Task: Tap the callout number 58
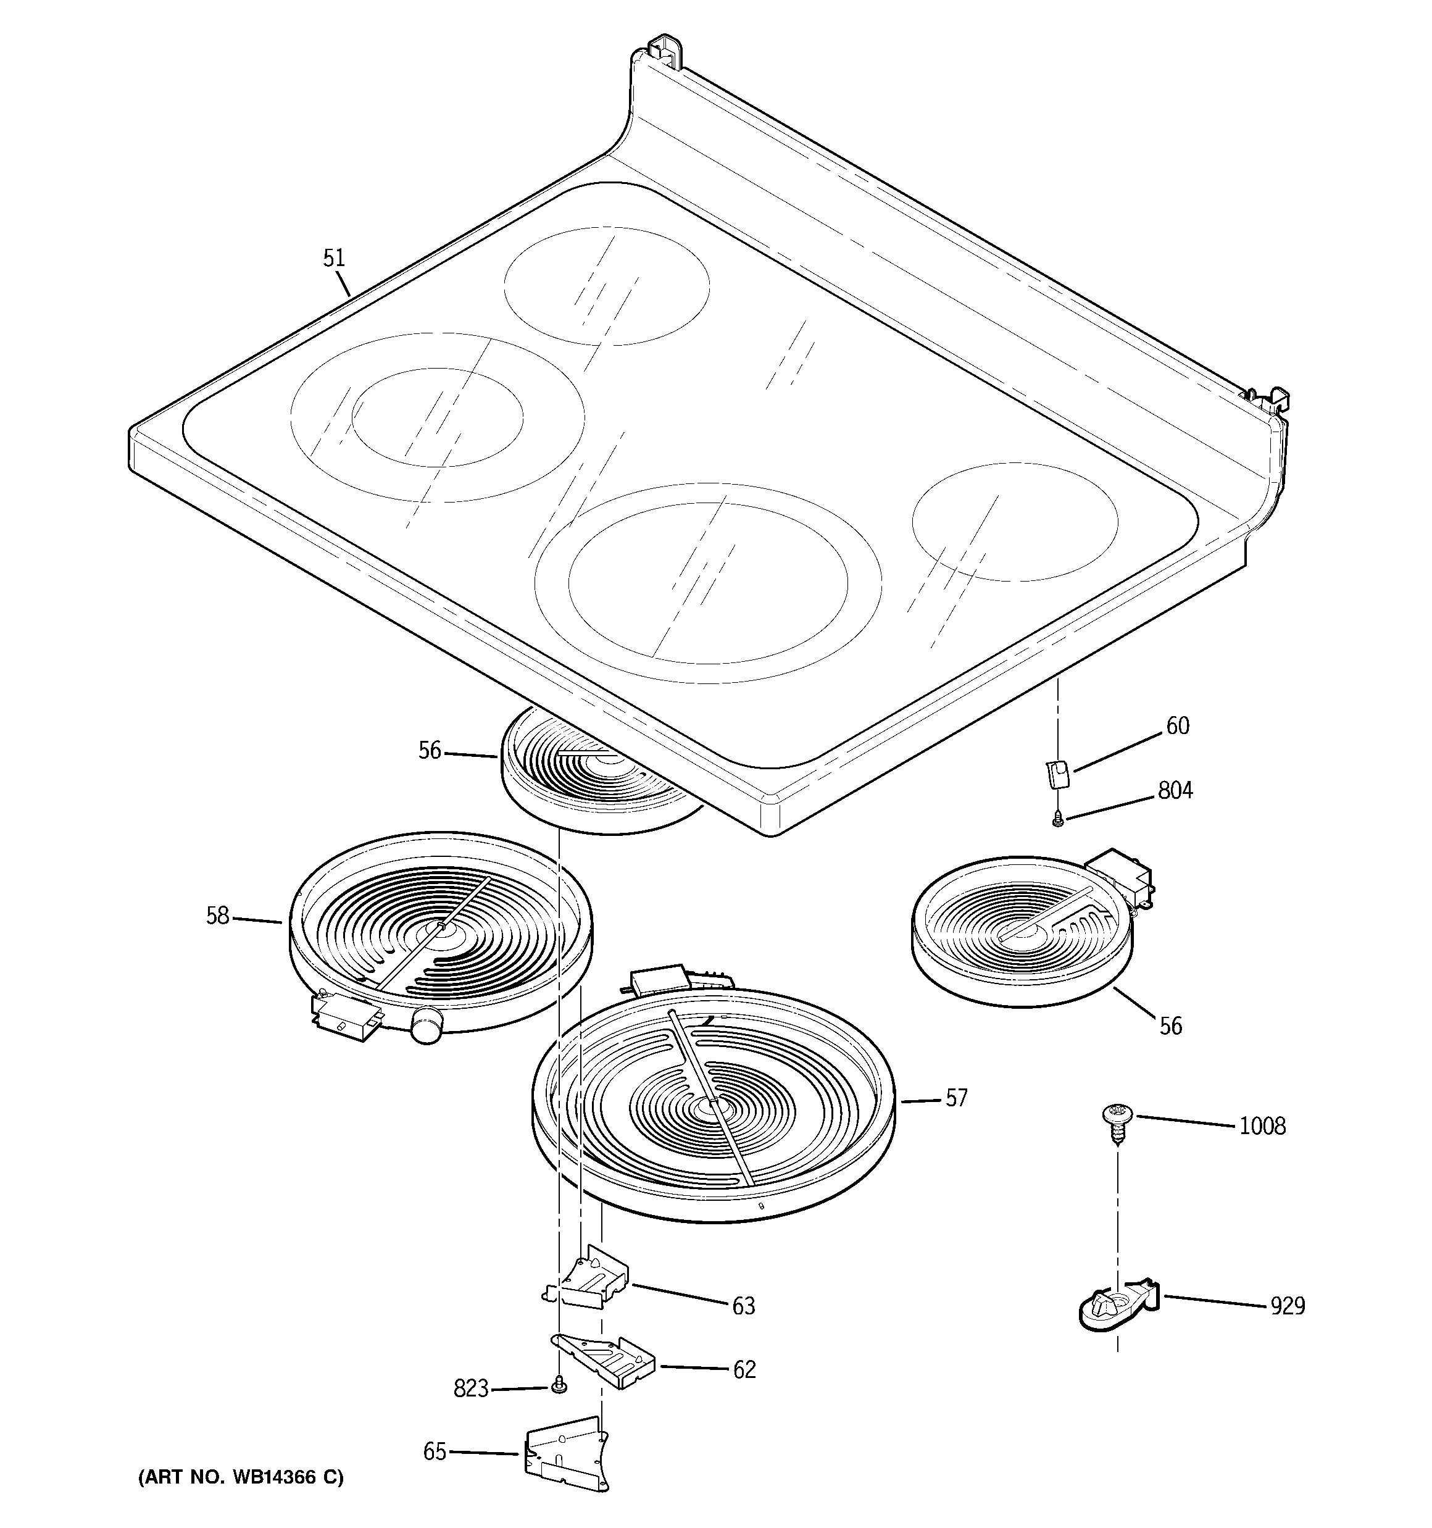coord(217,916)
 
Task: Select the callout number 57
coord(956,1098)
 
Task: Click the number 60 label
coord(1178,725)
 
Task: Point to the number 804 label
coord(1175,790)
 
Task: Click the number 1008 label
coord(1262,1127)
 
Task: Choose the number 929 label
coord(1288,1306)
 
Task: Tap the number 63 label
coord(743,1306)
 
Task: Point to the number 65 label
coord(435,1451)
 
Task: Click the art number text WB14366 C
coord(241,1477)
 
